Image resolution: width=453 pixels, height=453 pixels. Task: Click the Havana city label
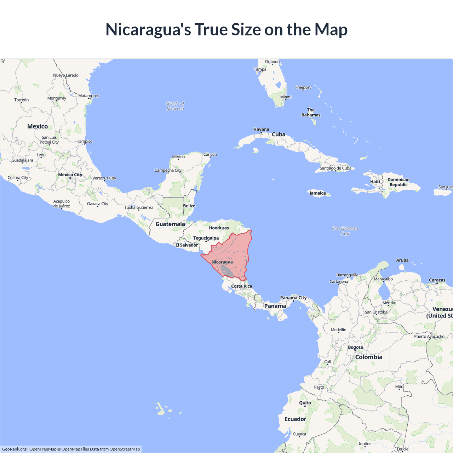(261, 130)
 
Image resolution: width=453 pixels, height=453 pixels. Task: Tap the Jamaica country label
(317, 193)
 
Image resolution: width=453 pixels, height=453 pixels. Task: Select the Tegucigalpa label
(206, 238)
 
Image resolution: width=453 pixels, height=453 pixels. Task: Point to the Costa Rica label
(242, 286)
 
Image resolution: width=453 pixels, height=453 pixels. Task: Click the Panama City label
(293, 298)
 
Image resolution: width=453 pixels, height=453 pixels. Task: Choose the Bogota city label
(355, 348)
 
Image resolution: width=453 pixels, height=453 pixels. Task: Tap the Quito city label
(305, 403)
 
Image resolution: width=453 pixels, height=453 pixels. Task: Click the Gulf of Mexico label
(176, 106)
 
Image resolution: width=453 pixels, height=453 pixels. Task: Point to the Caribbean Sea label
(345, 231)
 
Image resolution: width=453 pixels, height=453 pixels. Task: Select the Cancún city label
(210, 155)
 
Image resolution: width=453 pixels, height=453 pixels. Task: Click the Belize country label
(189, 206)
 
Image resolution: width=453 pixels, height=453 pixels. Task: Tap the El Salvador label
(187, 245)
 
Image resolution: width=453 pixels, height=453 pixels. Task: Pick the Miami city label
(286, 97)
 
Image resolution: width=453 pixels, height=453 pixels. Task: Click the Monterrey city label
(57, 98)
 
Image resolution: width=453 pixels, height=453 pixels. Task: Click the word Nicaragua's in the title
(148, 30)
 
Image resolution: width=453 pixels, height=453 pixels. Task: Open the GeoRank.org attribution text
(14, 449)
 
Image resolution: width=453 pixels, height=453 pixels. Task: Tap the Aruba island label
(402, 260)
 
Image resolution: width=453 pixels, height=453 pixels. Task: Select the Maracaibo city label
(383, 279)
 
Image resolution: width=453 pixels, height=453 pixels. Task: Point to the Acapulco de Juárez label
(62, 204)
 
